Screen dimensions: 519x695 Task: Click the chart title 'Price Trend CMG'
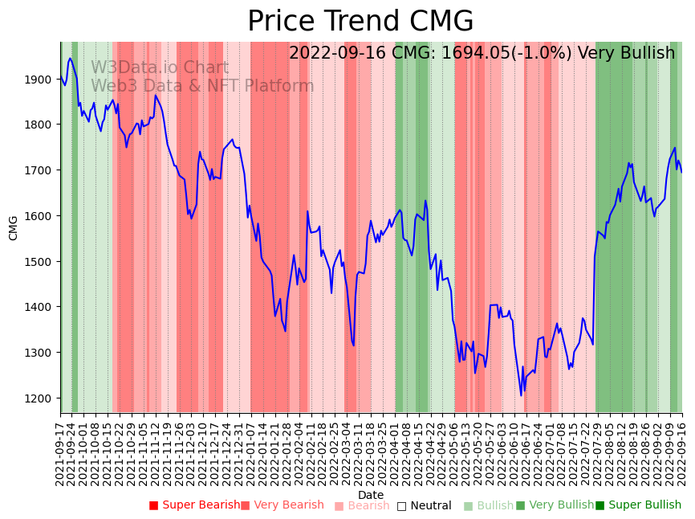point(360,22)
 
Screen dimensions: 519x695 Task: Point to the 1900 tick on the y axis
point(42,80)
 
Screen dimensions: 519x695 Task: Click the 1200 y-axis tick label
point(42,398)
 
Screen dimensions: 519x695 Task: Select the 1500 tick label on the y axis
point(42,262)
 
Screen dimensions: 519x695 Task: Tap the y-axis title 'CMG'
point(14,227)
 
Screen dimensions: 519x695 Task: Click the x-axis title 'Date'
point(371,495)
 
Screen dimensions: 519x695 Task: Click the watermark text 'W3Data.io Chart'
point(160,68)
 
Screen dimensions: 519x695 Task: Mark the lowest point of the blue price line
point(521,394)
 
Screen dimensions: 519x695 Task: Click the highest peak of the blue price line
point(70,58)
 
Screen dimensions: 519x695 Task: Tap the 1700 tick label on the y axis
point(42,170)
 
